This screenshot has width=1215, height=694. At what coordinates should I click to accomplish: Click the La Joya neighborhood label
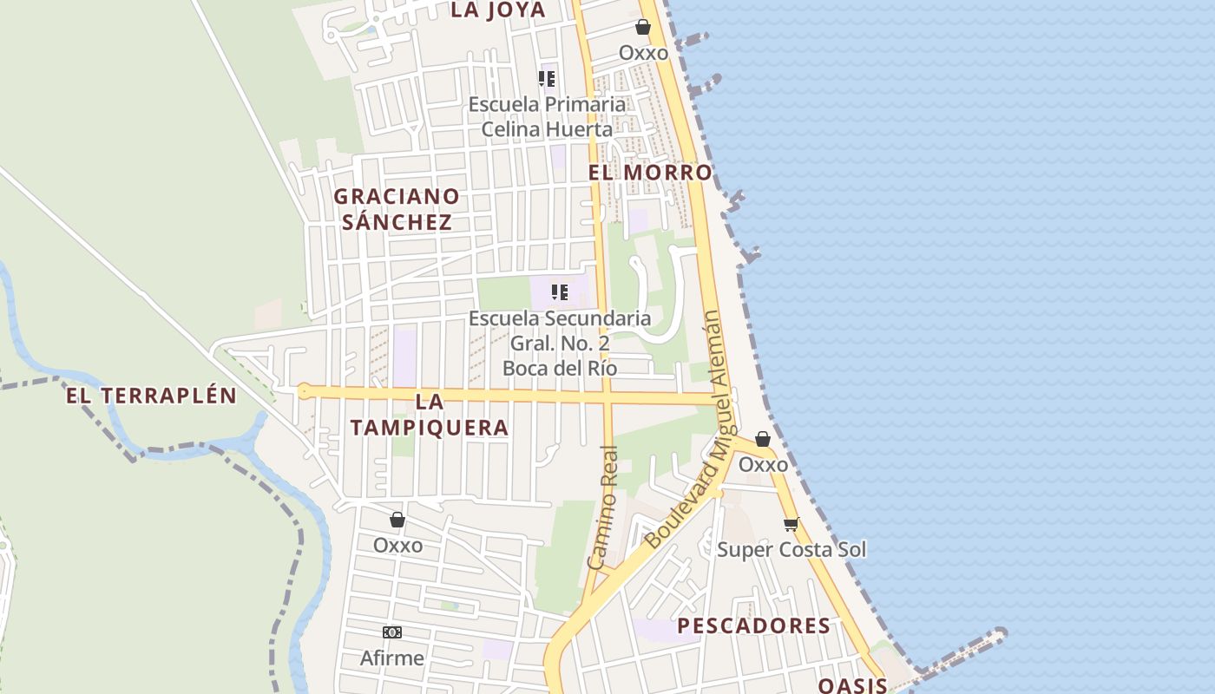498,10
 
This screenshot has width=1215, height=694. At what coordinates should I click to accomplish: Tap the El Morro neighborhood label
650,173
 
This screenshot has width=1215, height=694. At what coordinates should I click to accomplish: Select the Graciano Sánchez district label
397,209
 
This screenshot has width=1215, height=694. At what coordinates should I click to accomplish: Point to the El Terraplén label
152,396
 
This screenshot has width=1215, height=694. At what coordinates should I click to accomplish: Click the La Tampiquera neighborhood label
429,415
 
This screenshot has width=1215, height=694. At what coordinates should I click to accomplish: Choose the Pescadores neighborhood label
753,625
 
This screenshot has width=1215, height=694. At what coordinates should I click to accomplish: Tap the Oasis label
852,685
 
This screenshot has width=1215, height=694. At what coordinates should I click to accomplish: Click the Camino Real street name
604,507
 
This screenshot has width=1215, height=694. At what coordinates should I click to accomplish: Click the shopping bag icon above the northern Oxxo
643,28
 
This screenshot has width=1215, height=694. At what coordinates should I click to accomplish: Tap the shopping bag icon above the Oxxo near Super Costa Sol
763,440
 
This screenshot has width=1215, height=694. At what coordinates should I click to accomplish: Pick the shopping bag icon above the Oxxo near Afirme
397,520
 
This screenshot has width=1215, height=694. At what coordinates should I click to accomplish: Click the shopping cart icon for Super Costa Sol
791,524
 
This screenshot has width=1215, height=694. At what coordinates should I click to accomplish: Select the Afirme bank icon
392,632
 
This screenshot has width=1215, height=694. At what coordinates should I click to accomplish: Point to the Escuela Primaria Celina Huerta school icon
547,79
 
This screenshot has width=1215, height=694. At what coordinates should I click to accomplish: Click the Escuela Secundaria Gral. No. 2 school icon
560,292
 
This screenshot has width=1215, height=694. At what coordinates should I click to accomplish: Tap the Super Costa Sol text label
791,550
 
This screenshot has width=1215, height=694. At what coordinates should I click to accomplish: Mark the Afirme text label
392,658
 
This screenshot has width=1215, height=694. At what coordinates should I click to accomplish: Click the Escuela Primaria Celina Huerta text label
547,116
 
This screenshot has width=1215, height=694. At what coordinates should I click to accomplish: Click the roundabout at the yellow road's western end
304,391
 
